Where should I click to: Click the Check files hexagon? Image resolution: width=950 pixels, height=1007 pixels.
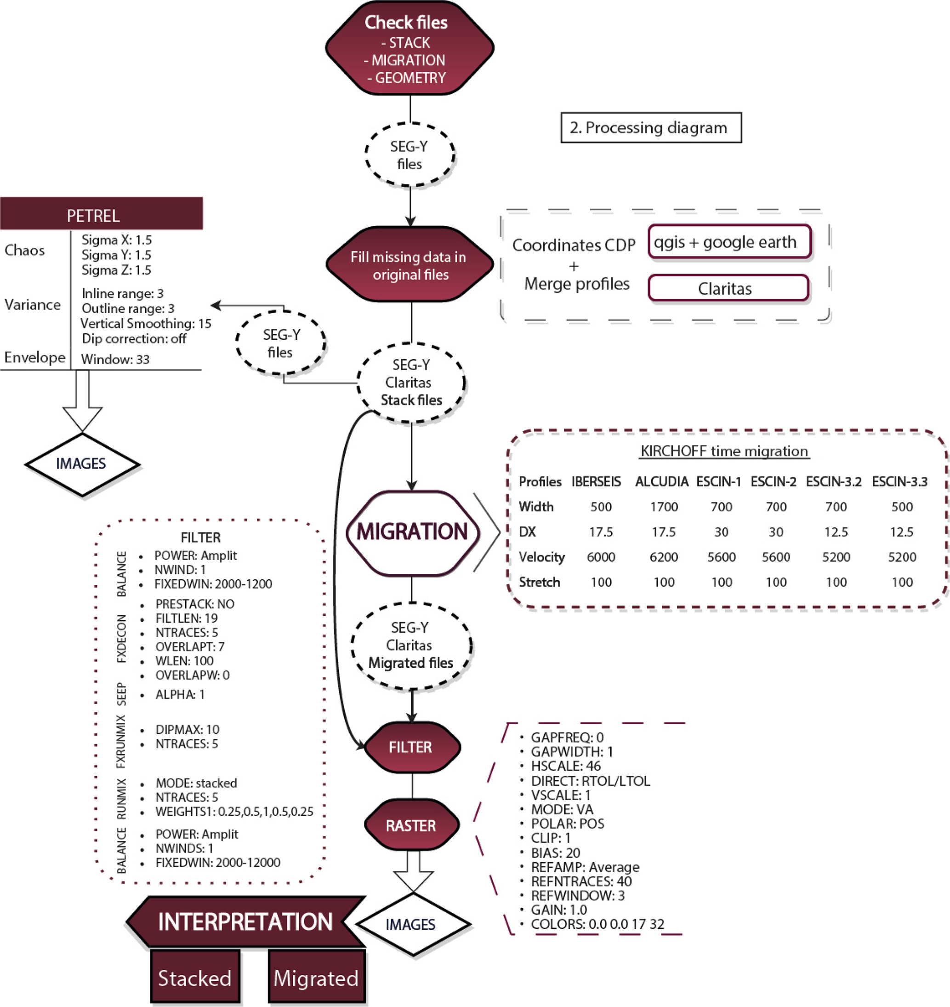click(x=410, y=49)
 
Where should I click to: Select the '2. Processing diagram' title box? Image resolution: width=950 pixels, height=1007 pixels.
click(x=651, y=128)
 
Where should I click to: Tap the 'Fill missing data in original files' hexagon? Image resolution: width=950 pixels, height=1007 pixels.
click(x=410, y=265)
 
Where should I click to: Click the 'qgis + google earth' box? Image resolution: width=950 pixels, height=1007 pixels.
click(x=730, y=242)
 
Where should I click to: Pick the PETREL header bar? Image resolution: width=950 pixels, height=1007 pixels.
click(x=101, y=214)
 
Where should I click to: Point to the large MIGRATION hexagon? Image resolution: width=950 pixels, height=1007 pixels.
click(x=413, y=532)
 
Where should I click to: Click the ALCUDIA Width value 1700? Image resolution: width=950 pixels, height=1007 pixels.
click(x=663, y=507)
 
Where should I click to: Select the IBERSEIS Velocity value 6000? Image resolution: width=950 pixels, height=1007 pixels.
click(x=601, y=557)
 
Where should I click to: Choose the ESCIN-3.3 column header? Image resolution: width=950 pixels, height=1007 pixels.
click(x=899, y=482)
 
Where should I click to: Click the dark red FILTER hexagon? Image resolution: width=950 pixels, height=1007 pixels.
click(x=411, y=747)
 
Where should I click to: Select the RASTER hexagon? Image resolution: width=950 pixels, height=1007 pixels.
click(x=411, y=826)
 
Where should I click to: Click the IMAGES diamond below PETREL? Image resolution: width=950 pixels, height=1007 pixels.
click(x=81, y=463)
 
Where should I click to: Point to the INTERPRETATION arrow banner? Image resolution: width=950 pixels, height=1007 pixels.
click(x=245, y=921)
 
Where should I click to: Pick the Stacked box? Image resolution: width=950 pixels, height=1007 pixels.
click(x=195, y=978)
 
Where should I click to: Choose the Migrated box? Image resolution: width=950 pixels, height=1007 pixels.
click(x=317, y=978)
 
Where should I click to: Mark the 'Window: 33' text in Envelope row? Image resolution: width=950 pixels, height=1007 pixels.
click(x=115, y=360)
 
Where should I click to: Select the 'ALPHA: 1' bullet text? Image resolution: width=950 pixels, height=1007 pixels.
click(x=180, y=694)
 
